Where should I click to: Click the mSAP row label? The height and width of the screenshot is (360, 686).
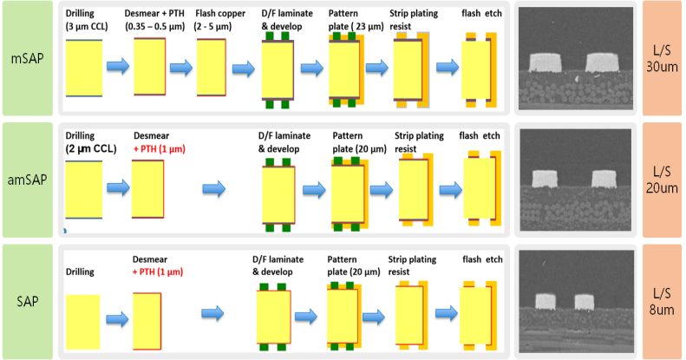click(x=29, y=59)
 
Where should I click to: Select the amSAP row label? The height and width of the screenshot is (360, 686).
click(x=29, y=180)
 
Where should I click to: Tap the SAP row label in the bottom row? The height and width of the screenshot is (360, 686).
click(x=29, y=301)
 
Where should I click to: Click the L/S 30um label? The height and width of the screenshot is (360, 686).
click(x=662, y=59)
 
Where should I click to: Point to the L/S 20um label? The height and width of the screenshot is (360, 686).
click(x=662, y=180)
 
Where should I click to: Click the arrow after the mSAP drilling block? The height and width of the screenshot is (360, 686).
click(x=118, y=66)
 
